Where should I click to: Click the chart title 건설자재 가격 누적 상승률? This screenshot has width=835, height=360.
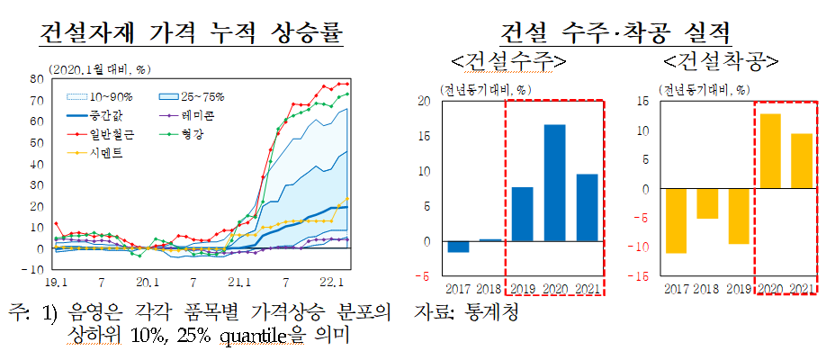[x=192, y=34]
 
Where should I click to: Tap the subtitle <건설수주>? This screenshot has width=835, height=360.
[x=509, y=62]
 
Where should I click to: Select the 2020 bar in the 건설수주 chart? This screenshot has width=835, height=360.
[x=555, y=183]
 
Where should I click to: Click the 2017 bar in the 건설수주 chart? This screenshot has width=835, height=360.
[x=458, y=247]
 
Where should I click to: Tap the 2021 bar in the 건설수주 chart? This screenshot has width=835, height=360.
[x=587, y=207]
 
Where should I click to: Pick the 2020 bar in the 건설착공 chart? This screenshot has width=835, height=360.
[x=769, y=151]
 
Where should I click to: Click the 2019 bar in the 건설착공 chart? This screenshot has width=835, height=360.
[x=737, y=216]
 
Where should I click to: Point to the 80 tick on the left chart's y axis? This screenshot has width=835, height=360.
[x=38, y=79]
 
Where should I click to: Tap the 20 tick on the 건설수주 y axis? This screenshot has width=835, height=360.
[x=426, y=101]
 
